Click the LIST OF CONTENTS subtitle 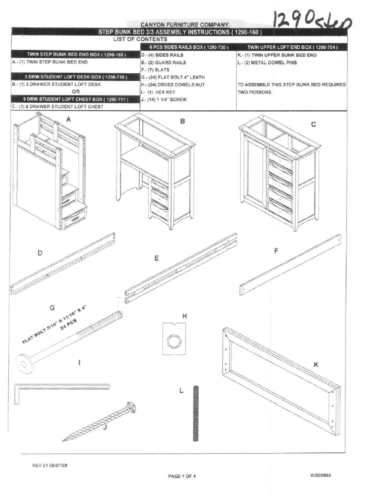tap(140, 39)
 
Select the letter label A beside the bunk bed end tap(69, 119)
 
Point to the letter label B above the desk tap(182, 121)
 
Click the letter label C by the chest tap(313, 125)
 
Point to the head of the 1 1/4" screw tap(130, 408)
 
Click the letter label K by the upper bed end tap(316, 365)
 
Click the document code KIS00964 tap(324, 475)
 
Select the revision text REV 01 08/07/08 tap(50, 466)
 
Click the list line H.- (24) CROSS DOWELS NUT tap(173, 85)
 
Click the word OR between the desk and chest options tap(75, 92)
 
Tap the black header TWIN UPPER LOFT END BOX tap(292, 47)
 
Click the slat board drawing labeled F tap(290, 264)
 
